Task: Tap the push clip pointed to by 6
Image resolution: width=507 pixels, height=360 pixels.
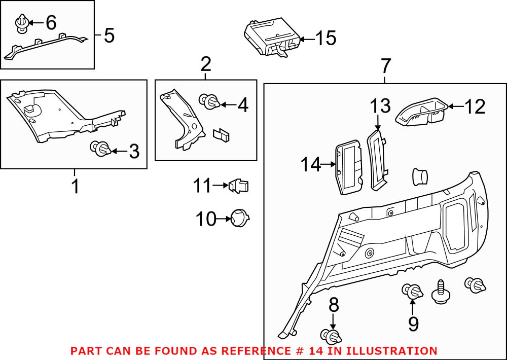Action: (x=22, y=23)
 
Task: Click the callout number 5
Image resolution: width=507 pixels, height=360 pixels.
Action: (x=109, y=35)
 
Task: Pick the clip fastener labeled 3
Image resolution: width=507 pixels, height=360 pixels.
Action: (x=100, y=149)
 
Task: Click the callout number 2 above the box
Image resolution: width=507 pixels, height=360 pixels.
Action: (x=205, y=64)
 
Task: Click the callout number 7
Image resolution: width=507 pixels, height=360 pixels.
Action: (x=385, y=65)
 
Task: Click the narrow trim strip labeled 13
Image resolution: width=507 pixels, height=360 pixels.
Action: (x=378, y=160)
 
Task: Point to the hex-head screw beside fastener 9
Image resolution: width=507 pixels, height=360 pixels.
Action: (x=440, y=292)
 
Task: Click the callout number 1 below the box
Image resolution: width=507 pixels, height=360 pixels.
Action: (x=75, y=186)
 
